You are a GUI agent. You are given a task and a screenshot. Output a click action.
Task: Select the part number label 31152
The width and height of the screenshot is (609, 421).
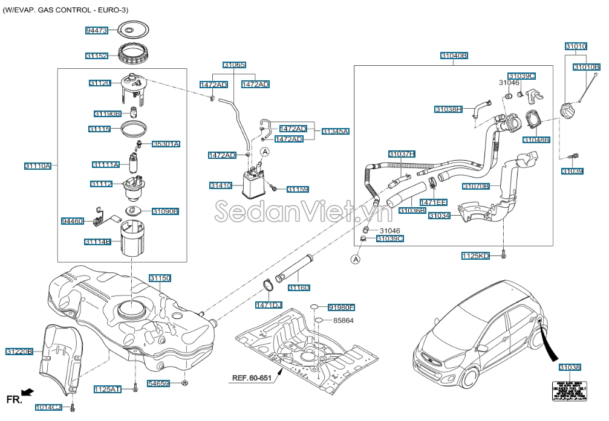click(97, 56)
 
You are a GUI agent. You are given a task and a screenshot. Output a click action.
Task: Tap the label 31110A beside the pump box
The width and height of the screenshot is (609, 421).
click(37, 166)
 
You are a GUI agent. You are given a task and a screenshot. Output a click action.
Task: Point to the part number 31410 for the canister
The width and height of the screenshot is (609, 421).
click(221, 185)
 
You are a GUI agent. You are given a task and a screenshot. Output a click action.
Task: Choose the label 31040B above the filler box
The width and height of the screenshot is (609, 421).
click(454, 56)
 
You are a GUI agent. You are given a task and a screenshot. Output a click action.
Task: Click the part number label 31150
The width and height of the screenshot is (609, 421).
click(160, 278)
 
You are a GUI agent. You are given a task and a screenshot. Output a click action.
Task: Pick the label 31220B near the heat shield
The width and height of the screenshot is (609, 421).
click(19, 351)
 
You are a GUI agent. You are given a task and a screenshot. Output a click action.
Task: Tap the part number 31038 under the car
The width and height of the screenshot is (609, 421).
click(570, 367)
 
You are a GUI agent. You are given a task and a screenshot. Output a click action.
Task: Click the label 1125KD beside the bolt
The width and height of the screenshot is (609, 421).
click(475, 256)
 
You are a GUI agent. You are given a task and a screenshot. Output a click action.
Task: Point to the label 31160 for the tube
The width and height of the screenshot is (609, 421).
click(299, 288)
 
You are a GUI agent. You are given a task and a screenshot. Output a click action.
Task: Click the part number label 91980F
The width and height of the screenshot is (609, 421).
click(341, 307)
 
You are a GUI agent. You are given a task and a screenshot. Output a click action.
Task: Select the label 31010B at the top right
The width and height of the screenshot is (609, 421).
click(586, 66)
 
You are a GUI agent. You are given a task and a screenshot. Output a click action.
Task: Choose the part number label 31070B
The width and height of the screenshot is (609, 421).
click(476, 186)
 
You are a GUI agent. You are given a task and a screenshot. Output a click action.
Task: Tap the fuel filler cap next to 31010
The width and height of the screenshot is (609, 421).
click(568, 112)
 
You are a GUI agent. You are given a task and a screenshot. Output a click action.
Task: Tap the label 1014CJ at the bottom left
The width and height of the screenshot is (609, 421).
click(48, 407)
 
